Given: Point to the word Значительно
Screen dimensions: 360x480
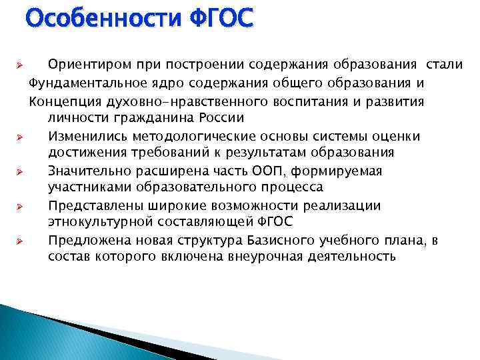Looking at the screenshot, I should click(87, 171).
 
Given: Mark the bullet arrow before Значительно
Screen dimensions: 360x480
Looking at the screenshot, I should click(20, 171).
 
